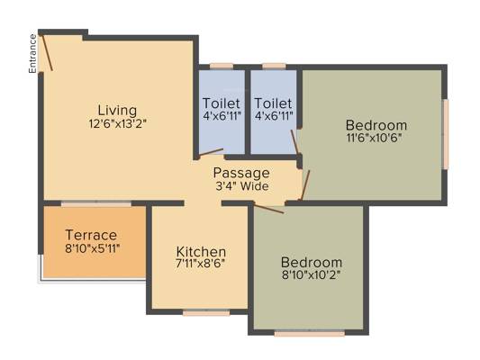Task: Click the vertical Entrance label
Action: (x=32, y=53)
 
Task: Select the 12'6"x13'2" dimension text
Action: (x=118, y=124)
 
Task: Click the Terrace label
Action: (x=91, y=235)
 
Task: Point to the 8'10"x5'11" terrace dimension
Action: (x=92, y=248)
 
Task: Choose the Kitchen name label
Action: (x=201, y=252)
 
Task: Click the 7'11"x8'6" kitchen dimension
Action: (x=201, y=264)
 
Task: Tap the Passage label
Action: (x=241, y=174)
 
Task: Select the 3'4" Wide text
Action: (x=242, y=186)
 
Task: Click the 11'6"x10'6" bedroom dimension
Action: (x=374, y=138)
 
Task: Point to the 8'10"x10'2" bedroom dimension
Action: (x=312, y=274)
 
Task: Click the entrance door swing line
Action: (x=47, y=53)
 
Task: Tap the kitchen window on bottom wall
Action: (x=206, y=312)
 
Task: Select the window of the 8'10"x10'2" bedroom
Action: (x=310, y=333)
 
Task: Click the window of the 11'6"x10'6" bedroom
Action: (x=446, y=134)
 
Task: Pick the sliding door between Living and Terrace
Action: (x=96, y=203)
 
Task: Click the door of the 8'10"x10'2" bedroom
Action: (x=268, y=208)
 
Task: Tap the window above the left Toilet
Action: (x=222, y=67)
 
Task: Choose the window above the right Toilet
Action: (x=275, y=67)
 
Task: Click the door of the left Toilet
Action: (x=211, y=152)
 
